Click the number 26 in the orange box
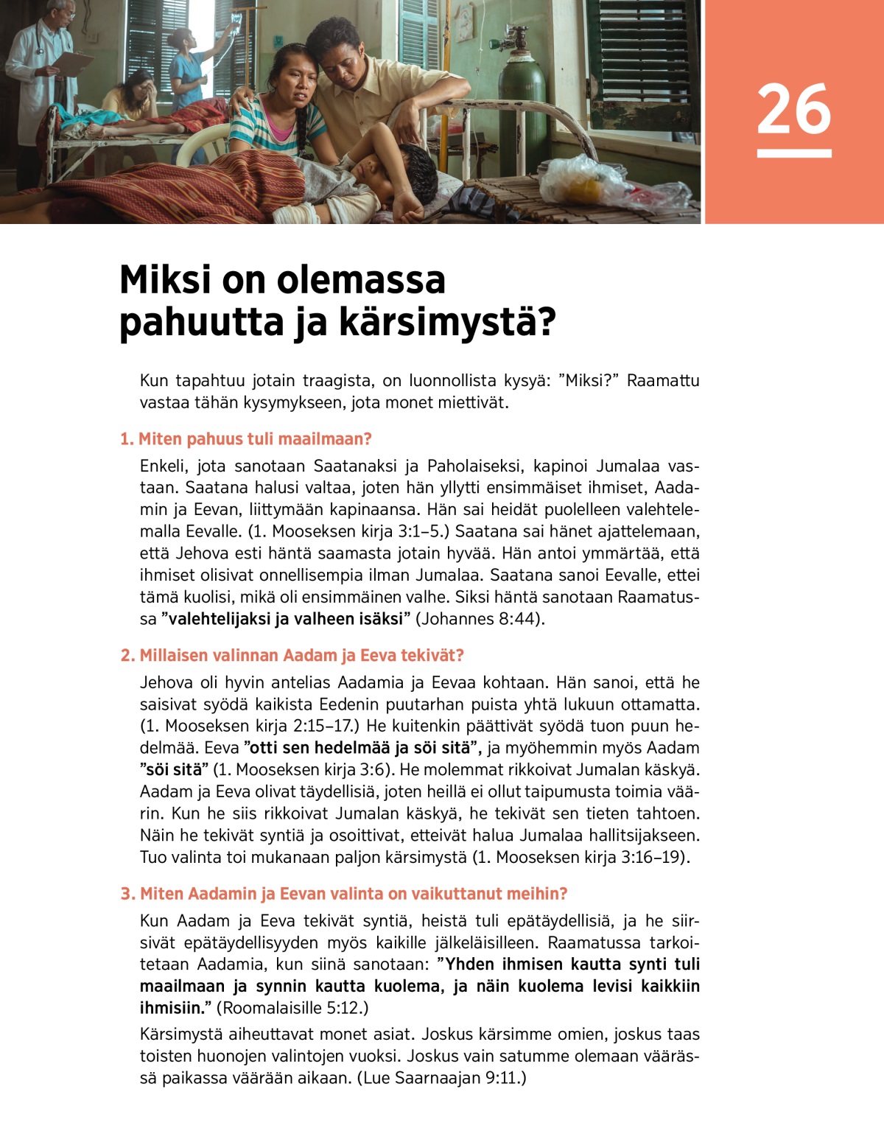pos(793,109)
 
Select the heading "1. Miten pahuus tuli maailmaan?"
pos(246,439)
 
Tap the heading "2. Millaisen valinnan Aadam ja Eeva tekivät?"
pos(292,655)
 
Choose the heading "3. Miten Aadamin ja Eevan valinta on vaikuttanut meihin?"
pos(344,894)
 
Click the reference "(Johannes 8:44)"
pos(480,619)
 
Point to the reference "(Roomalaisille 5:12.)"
pos(292,1008)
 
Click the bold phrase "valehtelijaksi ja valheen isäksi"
pos(285,619)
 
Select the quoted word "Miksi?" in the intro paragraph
pos(589,381)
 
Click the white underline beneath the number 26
pos(793,153)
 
